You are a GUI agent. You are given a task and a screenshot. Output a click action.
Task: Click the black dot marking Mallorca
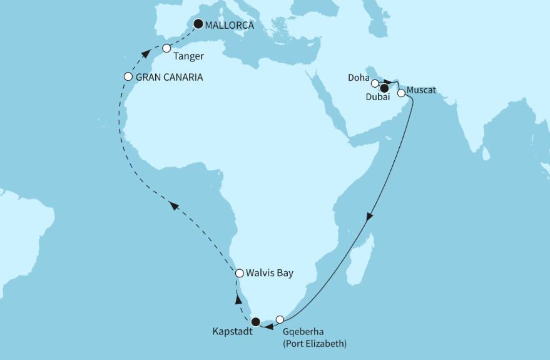[198, 24]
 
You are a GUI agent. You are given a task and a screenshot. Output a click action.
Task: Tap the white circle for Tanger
[166, 48]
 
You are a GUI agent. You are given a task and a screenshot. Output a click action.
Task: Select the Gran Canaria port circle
[128, 77]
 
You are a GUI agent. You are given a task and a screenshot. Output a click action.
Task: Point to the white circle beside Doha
[375, 83]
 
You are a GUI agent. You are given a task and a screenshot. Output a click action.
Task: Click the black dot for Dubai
[384, 88]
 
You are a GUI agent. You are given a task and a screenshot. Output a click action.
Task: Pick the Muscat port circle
[401, 93]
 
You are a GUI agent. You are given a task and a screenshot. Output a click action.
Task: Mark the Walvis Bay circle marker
[239, 273]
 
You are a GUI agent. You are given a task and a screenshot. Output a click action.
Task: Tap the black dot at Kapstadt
[255, 322]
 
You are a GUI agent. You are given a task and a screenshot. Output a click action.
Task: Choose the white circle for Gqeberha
[280, 319]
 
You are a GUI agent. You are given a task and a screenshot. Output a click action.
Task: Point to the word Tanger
[188, 56]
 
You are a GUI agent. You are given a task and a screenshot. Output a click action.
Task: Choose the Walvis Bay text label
[270, 273]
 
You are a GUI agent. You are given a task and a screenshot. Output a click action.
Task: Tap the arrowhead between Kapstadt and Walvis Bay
[238, 300]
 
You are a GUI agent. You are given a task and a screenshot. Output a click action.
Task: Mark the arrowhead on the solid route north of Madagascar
[370, 217]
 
